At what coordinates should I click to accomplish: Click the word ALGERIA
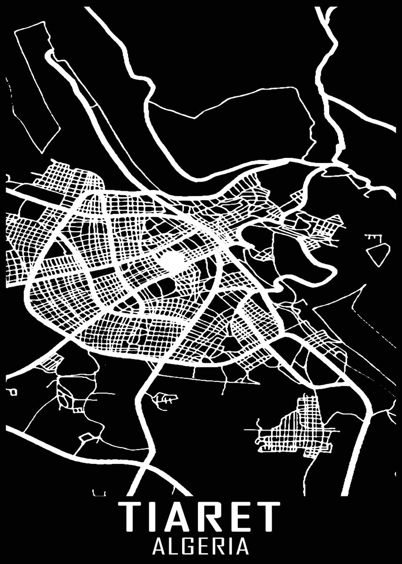click(201, 546)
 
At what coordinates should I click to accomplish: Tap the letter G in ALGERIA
click(188, 546)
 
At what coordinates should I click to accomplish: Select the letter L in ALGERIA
click(173, 546)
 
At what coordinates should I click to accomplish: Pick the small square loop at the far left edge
click(13, 391)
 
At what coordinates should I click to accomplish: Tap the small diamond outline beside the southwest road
click(85, 437)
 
